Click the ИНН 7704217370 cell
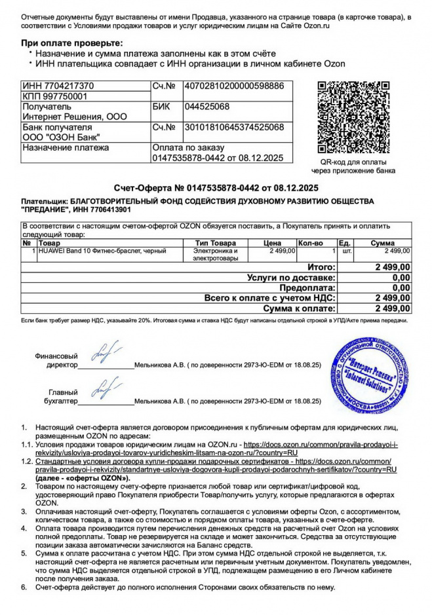[58, 86]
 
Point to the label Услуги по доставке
[291, 278]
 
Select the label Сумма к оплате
[299, 308]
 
